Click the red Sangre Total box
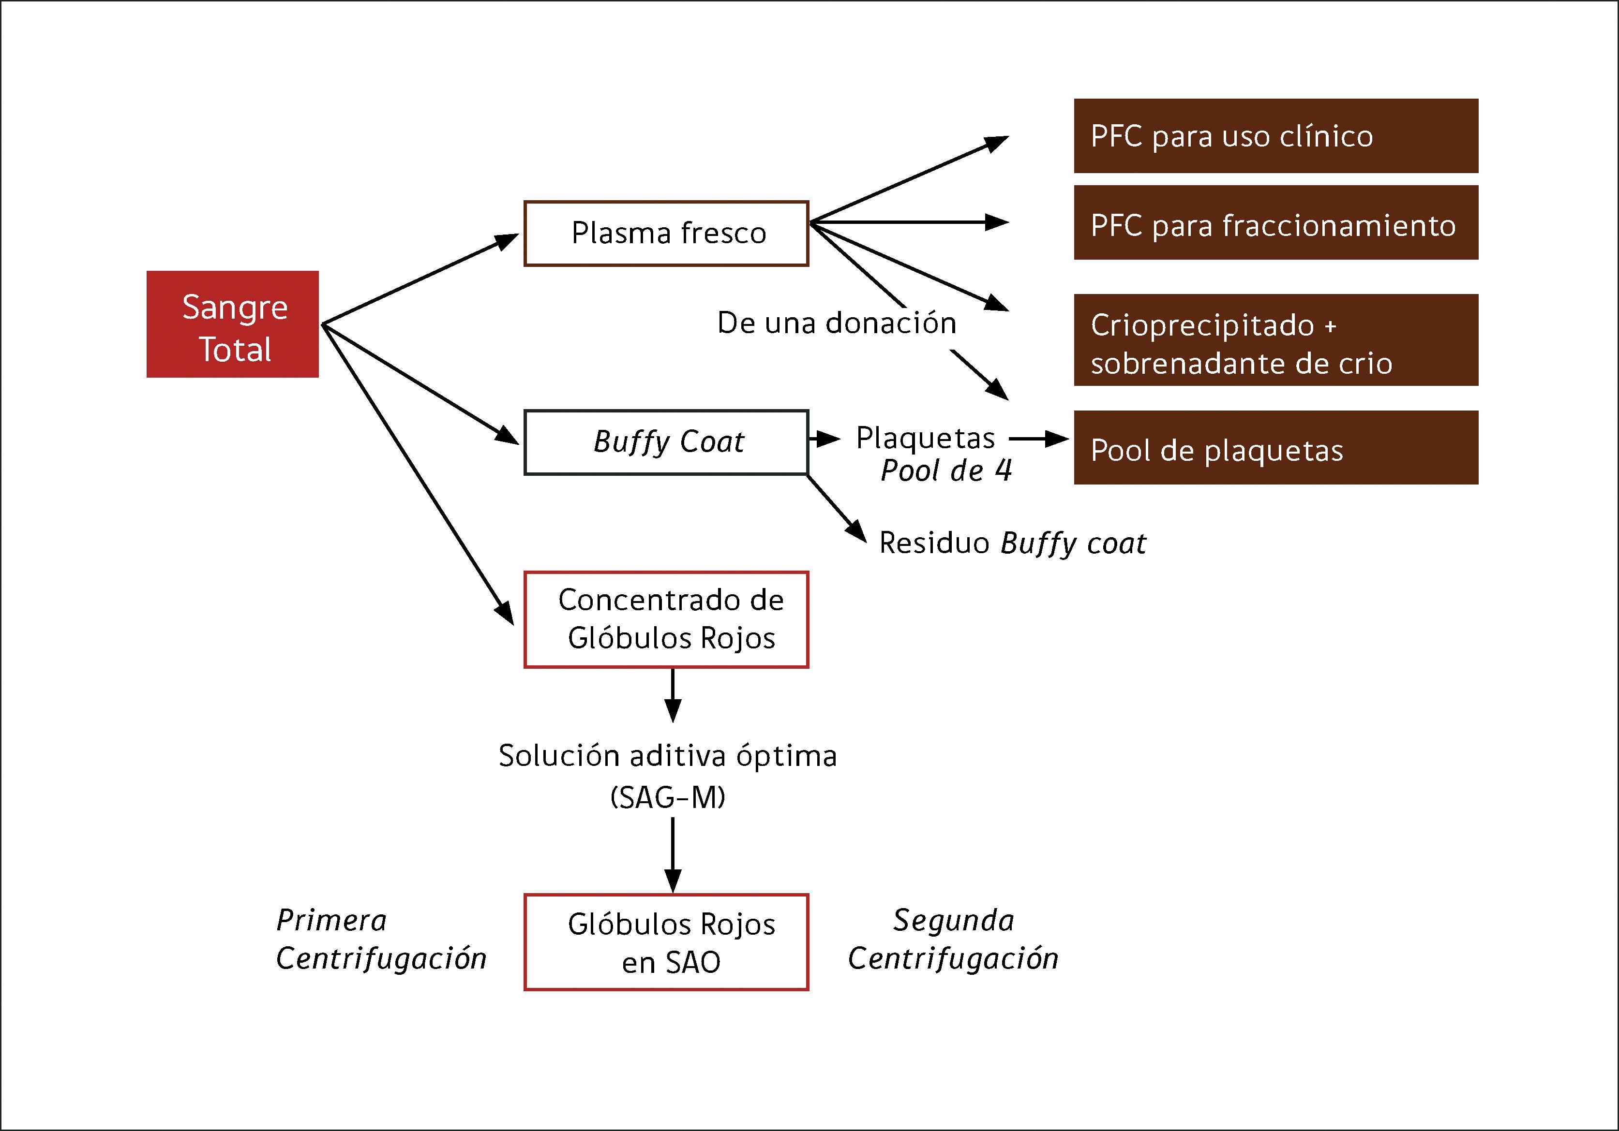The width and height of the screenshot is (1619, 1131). pyautogui.click(x=233, y=324)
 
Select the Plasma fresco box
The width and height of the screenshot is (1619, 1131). pyautogui.click(x=666, y=233)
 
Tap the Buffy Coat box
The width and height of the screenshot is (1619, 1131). pyautogui.click(x=666, y=442)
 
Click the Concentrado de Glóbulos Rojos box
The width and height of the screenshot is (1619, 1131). pyautogui.click(x=666, y=619)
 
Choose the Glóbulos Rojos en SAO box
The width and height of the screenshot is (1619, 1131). pyautogui.click(x=666, y=942)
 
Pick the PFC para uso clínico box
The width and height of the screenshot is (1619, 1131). pyautogui.click(x=1275, y=136)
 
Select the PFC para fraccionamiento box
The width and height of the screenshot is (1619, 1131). pyautogui.click(x=1275, y=223)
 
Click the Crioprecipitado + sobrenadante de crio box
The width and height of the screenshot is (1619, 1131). pyautogui.click(x=1275, y=339)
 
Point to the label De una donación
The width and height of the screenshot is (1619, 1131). pyautogui.click(x=837, y=323)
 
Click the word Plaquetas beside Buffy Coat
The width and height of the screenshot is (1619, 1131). pyautogui.click(x=925, y=438)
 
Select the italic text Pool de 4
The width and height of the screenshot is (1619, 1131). pyautogui.click(x=945, y=470)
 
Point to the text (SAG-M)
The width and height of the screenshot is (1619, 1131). pyautogui.click(x=668, y=797)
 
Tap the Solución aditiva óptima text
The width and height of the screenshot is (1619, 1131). pyautogui.click(x=668, y=755)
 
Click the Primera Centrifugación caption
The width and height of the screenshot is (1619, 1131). pyautogui.click(x=381, y=940)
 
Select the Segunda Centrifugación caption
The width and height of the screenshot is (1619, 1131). pyautogui.click(x=953, y=940)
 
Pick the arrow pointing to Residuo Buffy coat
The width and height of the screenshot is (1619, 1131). pyautogui.click(x=837, y=509)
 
